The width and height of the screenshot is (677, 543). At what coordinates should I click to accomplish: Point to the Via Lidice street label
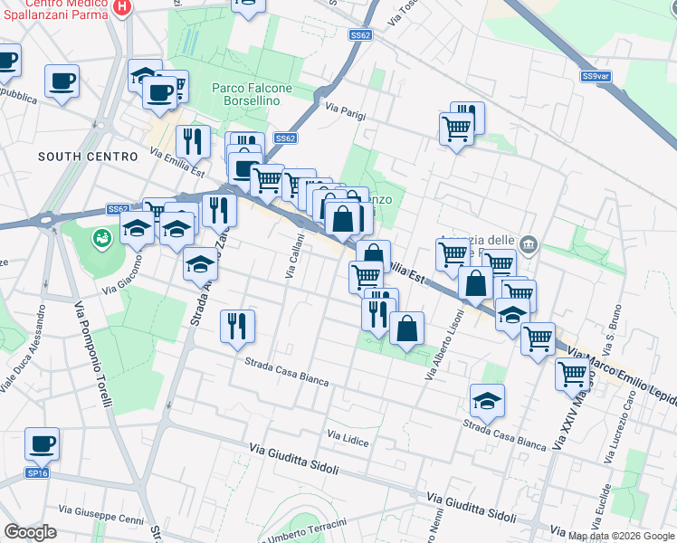[x=348, y=437]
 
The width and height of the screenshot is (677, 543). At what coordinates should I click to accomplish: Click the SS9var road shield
[x=596, y=77]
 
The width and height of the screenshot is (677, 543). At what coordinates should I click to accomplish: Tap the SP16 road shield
[x=37, y=473]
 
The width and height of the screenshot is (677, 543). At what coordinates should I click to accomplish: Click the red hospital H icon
[x=124, y=6]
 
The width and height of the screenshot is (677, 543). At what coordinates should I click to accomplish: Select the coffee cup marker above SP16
[x=42, y=443]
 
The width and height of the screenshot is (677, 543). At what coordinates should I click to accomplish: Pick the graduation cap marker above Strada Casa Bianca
[x=487, y=400]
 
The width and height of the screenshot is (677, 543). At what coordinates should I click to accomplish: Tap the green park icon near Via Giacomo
[x=102, y=238]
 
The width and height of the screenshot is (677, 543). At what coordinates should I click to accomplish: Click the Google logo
[x=30, y=532]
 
